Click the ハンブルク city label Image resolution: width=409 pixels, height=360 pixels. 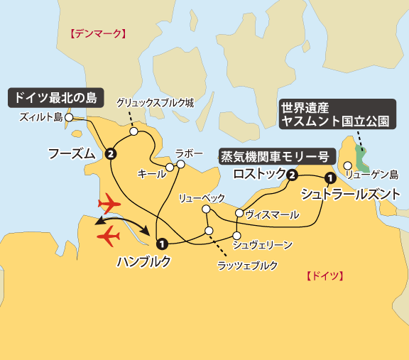[x=144, y=261]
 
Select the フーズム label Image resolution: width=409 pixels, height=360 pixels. [x=71, y=153]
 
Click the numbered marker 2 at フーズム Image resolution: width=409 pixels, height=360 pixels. [x=110, y=153]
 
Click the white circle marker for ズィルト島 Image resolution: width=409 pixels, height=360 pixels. [x=69, y=118]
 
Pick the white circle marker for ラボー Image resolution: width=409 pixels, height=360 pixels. [x=181, y=165]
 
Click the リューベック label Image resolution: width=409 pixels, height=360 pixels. [x=202, y=197]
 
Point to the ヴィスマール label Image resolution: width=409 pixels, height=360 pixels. [x=271, y=213]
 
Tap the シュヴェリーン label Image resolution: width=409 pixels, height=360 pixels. [x=263, y=245]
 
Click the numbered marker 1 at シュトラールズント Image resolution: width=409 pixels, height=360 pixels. [x=329, y=178]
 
